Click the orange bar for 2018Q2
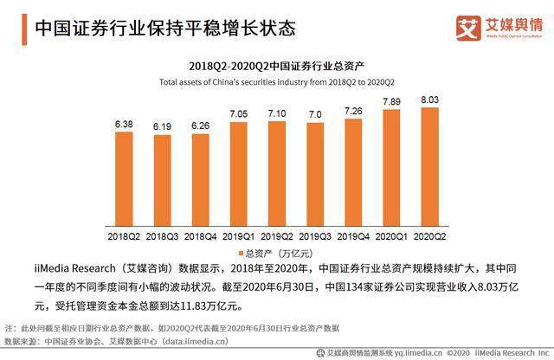tap(125, 182)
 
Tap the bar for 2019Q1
tap(239, 176)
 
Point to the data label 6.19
tap(163, 127)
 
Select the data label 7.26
tap(353, 112)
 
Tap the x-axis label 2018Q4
tap(201, 235)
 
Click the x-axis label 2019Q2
tap(277, 235)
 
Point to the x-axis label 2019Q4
tap(353, 235)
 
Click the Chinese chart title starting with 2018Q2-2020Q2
tap(276, 66)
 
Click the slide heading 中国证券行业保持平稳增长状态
tap(164, 28)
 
